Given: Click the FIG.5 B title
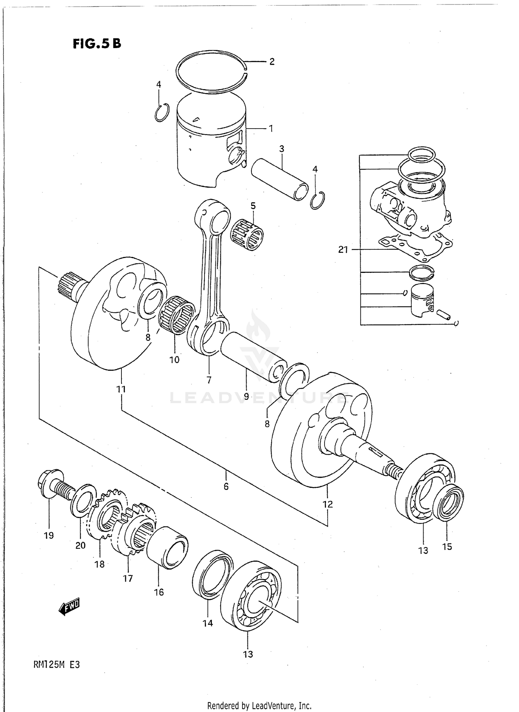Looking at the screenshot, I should (x=97, y=44).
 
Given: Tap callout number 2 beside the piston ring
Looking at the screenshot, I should (x=272, y=62).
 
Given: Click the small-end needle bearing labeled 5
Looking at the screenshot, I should (x=247, y=234).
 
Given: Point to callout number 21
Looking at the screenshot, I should (x=343, y=249).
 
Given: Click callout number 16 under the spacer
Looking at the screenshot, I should (x=159, y=592).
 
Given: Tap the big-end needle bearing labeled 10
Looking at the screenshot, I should (x=177, y=315).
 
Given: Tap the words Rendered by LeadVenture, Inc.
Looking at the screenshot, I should (x=259, y=706).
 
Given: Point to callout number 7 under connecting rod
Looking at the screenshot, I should (x=209, y=380).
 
